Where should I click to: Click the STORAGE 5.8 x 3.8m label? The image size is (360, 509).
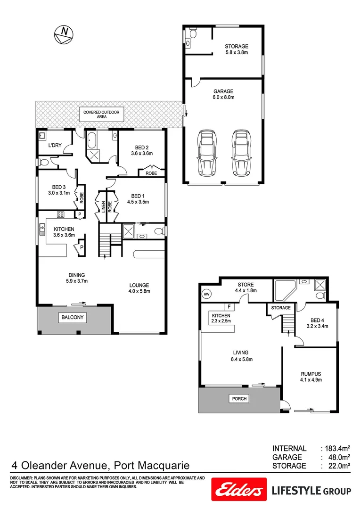(x=236, y=49)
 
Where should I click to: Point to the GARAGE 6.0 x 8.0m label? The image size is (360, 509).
(x=223, y=94)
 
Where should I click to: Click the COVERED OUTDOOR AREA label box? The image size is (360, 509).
(x=101, y=114)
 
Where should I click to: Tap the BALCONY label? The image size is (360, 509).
(x=72, y=318)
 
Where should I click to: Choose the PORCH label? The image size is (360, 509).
(x=238, y=399)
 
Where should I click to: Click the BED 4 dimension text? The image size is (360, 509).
(x=317, y=325)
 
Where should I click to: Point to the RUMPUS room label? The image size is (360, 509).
(x=311, y=374)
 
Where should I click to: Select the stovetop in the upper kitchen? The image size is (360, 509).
(x=60, y=215)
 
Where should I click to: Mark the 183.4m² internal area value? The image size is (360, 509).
(x=337, y=449)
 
